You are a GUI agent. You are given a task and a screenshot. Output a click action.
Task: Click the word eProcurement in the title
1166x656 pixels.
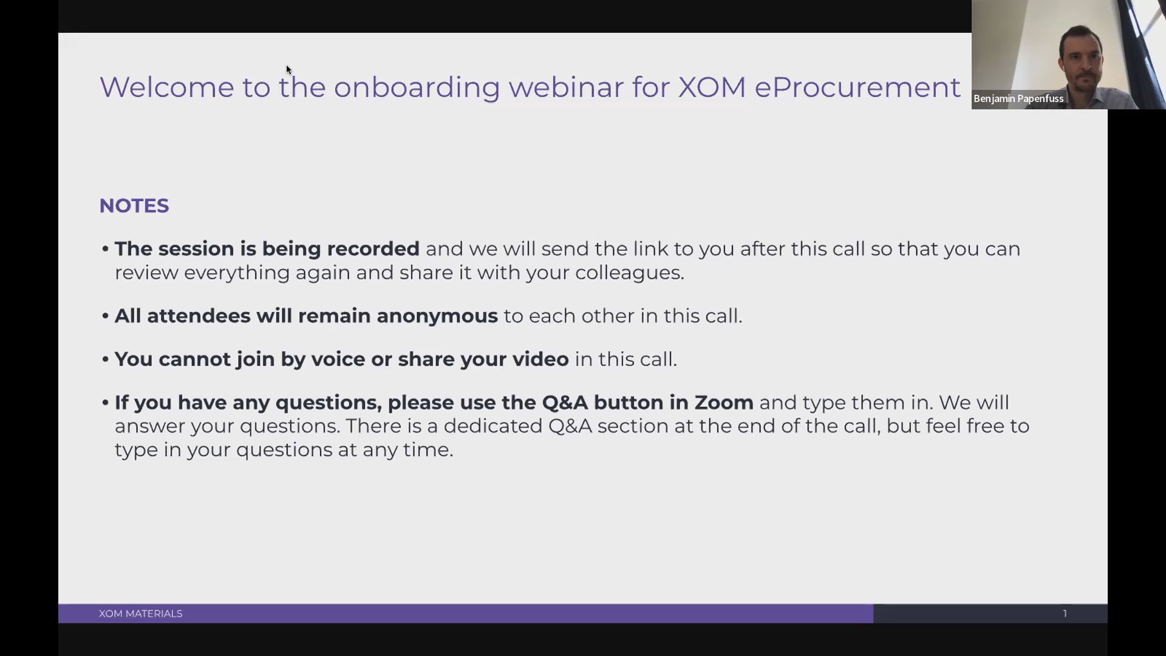pyautogui.click(x=857, y=87)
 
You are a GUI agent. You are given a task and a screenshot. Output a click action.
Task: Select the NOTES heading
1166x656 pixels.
pyautogui.click(x=134, y=205)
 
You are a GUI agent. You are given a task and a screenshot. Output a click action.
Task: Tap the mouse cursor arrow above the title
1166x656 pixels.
pyautogui.click(x=288, y=69)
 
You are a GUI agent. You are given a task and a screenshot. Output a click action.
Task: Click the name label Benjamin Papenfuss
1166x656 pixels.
pyautogui.click(x=1018, y=98)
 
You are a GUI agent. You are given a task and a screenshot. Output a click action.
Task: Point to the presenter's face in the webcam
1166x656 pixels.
pyautogui.click(x=1081, y=61)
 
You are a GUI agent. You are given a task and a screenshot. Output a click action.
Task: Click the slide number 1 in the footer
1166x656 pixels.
pyautogui.click(x=1065, y=613)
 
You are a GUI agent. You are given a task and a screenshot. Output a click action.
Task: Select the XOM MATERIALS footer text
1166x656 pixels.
pyautogui.click(x=140, y=613)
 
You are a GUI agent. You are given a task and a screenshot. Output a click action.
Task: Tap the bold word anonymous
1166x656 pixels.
pyautogui.click(x=437, y=316)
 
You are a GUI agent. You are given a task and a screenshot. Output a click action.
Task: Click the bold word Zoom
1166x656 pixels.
pyautogui.click(x=724, y=402)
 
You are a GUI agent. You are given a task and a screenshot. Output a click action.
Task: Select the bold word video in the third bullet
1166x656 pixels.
pyautogui.click(x=540, y=359)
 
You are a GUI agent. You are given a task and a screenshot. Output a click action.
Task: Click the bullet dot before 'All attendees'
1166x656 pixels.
pyautogui.click(x=105, y=316)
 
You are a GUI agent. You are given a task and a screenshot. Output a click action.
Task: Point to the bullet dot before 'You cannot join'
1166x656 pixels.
pyautogui.click(x=105, y=359)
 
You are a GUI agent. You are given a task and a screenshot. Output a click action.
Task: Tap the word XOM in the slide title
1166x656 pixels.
pyautogui.click(x=712, y=87)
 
